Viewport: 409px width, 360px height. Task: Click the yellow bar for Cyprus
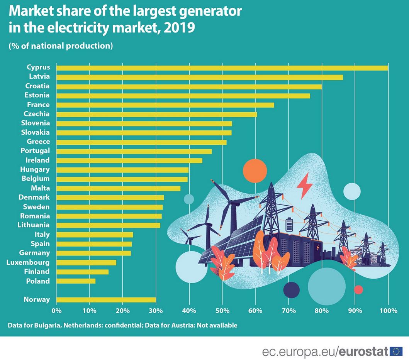click(x=222, y=68)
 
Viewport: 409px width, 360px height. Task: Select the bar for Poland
click(x=76, y=281)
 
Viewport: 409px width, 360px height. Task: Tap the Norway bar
click(x=106, y=300)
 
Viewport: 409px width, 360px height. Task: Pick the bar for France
click(x=165, y=105)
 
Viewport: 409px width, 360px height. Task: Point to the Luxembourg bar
click(x=86, y=262)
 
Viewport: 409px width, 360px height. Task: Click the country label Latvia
click(x=39, y=77)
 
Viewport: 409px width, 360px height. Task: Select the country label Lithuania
click(x=34, y=225)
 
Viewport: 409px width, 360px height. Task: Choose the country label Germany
click(x=34, y=253)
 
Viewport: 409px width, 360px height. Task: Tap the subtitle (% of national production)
click(x=61, y=46)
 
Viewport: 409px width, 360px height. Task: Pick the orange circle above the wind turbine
click(x=255, y=171)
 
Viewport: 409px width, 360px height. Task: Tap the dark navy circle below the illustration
click(x=291, y=290)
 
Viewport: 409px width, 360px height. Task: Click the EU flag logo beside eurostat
click(x=396, y=351)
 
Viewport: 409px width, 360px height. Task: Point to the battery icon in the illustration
click(x=289, y=225)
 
